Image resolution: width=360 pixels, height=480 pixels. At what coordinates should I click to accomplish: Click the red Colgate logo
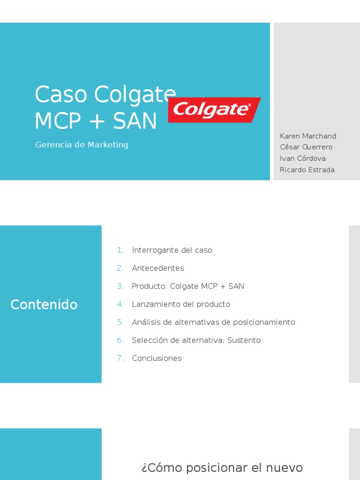click(214, 110)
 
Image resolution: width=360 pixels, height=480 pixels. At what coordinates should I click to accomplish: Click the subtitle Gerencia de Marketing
click(82, 145)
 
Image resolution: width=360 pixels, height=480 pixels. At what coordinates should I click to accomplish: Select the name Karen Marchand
click(308, 136)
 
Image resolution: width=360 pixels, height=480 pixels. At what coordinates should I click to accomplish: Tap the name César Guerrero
click(306, 147)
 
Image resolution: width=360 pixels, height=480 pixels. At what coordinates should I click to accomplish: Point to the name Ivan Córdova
click(303, 158)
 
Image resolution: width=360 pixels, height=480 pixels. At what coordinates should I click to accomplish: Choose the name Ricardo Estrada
click(307, 170)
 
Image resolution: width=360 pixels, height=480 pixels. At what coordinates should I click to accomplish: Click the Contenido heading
click(44, 305)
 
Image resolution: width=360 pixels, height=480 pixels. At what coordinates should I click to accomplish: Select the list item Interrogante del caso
click(172, 250)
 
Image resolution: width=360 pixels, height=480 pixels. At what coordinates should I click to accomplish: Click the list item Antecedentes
click(158, 268)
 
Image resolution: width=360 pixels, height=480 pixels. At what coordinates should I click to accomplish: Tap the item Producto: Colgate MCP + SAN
click(188, 286)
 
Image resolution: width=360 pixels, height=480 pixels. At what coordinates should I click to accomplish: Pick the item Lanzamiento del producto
click(181, 304)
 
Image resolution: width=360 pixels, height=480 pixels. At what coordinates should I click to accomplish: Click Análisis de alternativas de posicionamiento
click(213, 322)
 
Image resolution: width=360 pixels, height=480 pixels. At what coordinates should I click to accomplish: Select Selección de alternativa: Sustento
click(196, 340)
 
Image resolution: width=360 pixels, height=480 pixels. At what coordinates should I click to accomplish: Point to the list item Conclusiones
click(157, 358)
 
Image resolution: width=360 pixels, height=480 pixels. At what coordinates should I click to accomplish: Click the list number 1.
click(120, 250)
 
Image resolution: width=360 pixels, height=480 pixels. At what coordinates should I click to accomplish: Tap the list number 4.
click(120, 304)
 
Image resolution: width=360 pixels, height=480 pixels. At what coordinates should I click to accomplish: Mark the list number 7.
click(120, 358)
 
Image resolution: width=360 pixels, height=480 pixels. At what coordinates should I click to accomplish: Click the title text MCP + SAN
click(96, 121)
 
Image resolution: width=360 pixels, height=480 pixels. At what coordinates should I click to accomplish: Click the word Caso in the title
click(61, 95)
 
